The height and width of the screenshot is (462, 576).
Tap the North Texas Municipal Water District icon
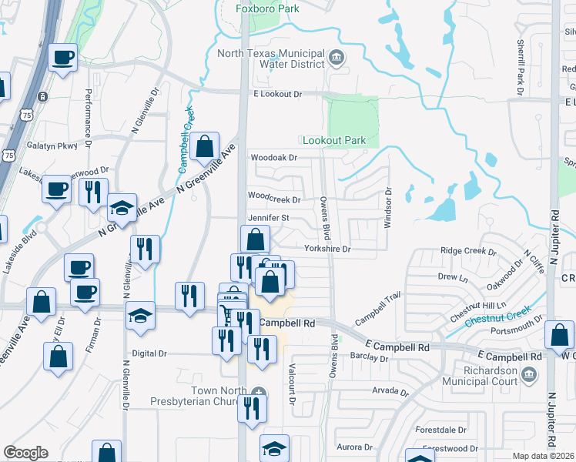(337, 58)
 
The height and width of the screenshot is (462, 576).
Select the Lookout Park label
(333, 140)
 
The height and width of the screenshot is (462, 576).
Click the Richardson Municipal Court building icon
(529, 375)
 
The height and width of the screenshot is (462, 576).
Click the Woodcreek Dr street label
(273, 197)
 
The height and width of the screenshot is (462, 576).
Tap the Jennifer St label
(268, 218)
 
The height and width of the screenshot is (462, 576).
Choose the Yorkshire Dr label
(327, 249)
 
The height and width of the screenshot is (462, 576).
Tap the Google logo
(25, 452)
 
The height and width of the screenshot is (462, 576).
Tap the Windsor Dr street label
(388, 208)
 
